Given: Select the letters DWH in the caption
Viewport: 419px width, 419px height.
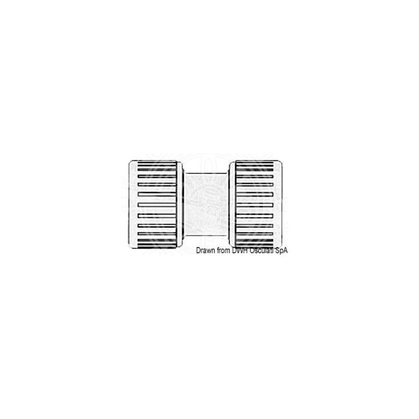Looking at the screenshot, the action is tap(240, 250).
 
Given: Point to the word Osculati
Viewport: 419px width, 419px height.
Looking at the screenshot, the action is tap(261, 250).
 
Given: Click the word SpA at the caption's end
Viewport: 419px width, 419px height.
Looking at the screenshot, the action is tap(281, 250).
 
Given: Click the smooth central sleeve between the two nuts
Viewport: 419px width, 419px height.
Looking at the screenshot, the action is tap(206, 204).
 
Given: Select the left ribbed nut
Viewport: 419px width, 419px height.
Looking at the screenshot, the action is tap(156, 204).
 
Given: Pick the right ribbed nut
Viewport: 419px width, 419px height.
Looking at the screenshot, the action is tap(256, 204).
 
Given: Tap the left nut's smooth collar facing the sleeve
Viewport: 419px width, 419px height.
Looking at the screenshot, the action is tap(180, 204).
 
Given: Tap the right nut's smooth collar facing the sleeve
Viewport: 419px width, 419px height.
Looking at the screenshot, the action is tap(232, 204).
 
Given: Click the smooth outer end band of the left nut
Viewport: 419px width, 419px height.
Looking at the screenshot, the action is tap(133, 204).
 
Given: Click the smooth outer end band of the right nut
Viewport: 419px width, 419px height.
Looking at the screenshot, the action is tap(278, 204).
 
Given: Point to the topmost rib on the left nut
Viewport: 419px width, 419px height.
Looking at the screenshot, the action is tap(157, 163).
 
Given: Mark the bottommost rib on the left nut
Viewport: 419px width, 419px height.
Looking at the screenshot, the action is tap(157, 246).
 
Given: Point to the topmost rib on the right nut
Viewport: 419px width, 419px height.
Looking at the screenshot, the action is tap(254, 163).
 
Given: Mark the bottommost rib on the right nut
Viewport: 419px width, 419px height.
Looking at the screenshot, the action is tap(254, 246).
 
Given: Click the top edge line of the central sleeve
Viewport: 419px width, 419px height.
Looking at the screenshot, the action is tap(206, 173).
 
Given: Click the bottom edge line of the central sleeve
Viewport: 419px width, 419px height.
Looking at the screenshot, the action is tap(206, 236).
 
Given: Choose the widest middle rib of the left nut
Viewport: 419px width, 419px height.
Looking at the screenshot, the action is tap(157, 205).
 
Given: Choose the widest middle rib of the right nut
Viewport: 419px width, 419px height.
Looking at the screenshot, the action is tap(254, 205).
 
